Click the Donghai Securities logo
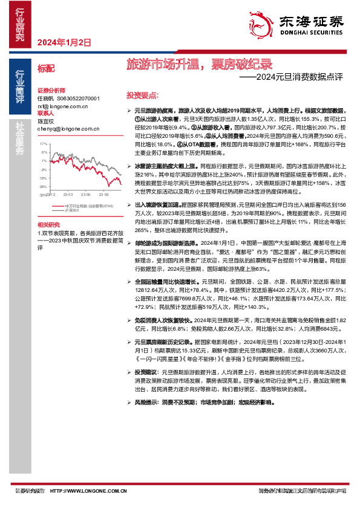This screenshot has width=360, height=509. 309,25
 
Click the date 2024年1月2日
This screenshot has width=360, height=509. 64,43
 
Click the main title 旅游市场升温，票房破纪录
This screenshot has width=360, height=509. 199,64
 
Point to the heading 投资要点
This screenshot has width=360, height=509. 142,96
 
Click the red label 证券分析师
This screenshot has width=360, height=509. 50,88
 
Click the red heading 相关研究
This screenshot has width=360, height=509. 50,224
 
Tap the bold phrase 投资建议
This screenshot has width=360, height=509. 145,372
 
